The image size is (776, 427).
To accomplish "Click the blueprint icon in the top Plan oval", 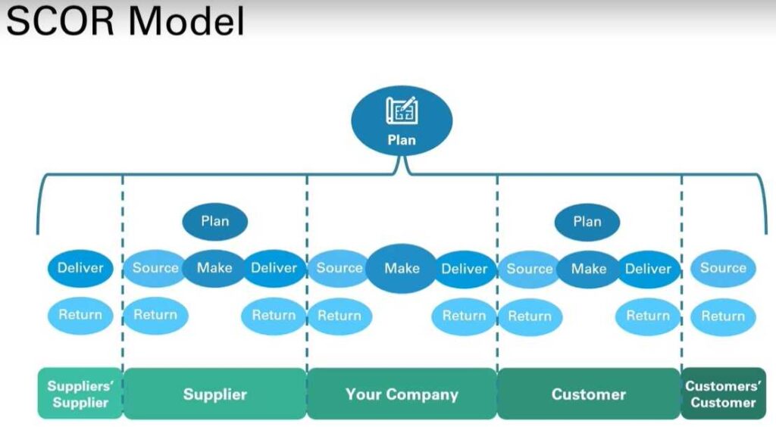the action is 402,111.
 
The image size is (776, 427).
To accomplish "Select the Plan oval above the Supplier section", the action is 214,221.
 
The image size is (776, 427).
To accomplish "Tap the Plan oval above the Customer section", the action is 587,221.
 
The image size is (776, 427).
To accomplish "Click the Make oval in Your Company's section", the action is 402,268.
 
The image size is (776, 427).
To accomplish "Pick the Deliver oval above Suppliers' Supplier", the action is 80,268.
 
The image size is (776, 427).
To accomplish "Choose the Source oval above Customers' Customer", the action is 723,268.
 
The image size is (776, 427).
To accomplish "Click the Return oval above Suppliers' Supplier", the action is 80,315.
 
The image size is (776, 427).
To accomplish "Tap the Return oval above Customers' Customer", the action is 723,316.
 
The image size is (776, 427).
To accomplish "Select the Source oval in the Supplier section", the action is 155,268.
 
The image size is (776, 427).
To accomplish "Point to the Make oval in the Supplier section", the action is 214,268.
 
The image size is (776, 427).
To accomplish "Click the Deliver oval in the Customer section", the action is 649,270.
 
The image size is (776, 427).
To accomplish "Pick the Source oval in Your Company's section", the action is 339,268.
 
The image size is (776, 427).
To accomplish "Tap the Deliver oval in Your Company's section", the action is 465,270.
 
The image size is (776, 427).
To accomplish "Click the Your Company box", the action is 402,394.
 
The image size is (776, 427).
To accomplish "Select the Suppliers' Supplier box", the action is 80,394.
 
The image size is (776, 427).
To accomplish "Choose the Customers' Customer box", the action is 724,394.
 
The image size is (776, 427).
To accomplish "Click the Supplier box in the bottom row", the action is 214,394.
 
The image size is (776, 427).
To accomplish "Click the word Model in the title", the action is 186,21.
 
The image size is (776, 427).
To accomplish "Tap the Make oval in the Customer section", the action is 588,270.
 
